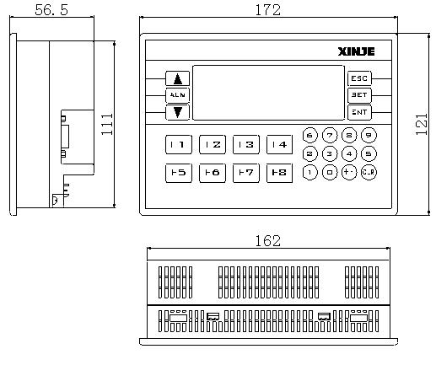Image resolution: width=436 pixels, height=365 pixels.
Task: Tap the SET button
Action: tap(358, 94)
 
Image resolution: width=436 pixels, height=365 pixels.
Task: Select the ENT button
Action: tap(358, 111)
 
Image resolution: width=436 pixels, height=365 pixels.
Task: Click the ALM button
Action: tap(177, 94)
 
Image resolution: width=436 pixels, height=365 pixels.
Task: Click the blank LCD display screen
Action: tap(268, 94)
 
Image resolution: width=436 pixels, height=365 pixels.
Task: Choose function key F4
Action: tap(279, 145)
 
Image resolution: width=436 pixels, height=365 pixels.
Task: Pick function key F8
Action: tap(279, 173)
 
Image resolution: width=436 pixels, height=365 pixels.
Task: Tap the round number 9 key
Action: tap(369, 135)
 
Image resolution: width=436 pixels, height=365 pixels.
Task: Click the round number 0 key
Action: tap(329, 172)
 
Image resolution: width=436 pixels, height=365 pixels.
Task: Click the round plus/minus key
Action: tap(348, 172)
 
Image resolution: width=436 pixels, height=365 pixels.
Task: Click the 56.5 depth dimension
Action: tap(53, 9)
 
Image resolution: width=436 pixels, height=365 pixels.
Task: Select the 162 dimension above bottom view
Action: tap(266, 241)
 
